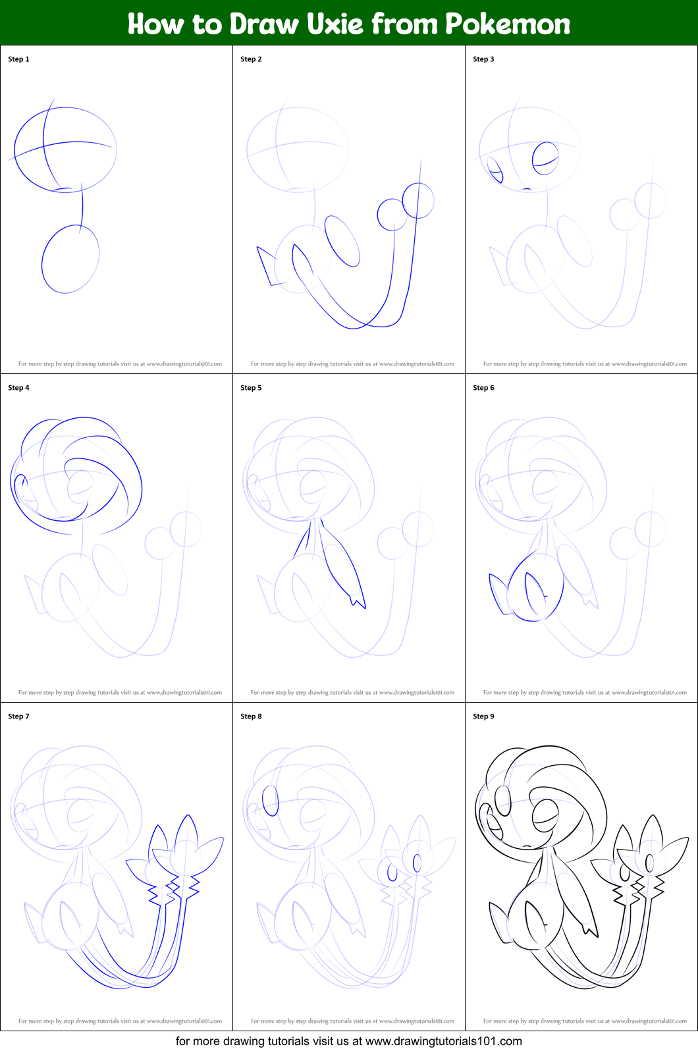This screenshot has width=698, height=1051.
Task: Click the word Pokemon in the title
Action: (x=507, y=24)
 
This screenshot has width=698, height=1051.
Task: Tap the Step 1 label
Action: (x=18, y=59)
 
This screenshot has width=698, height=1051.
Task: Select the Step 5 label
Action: (x=251, y=388)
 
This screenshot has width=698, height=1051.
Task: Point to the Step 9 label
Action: (x=483, y=716)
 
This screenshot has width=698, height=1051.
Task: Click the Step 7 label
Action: (x=18, y=716)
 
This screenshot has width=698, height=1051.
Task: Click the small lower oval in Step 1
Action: (x=70, y=259)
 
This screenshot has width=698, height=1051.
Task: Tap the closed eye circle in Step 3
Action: (x=545, y=158)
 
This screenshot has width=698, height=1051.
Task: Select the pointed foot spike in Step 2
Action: (x=265, y=263)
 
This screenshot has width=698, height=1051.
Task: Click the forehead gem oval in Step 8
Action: (x=270, y=801)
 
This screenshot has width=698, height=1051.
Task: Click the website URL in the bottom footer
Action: (x=443, y=1041)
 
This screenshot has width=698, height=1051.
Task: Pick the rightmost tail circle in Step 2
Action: (x=418, y=200)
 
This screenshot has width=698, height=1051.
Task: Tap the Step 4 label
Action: (x=18, y=388)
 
